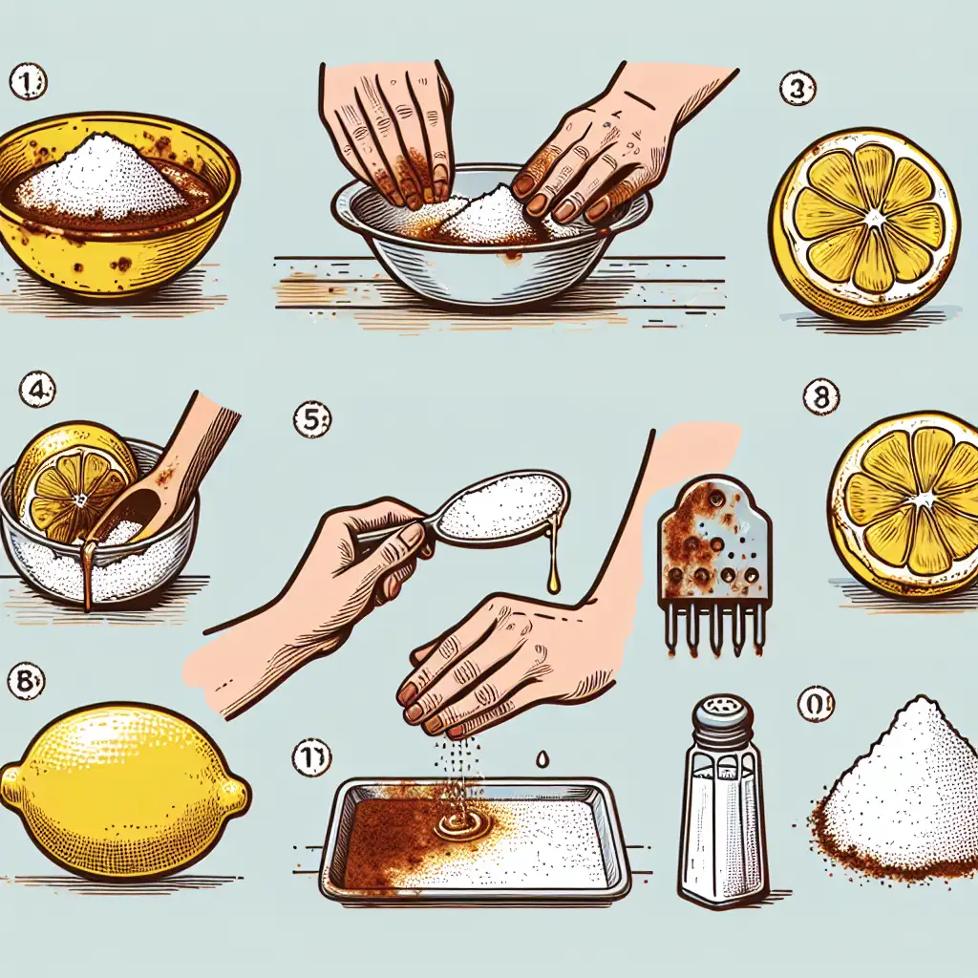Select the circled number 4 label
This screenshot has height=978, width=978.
tap(37, 391)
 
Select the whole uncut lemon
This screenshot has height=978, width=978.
tap(124, 790)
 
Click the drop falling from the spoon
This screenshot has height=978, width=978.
tap(552, 576)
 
